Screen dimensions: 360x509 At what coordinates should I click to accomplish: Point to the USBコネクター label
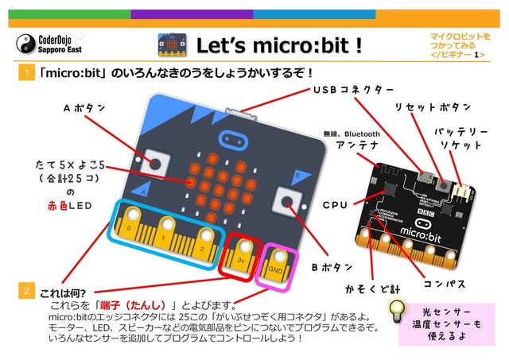[x=353, y=88]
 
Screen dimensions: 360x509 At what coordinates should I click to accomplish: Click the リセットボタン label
[x=433, y=107]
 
